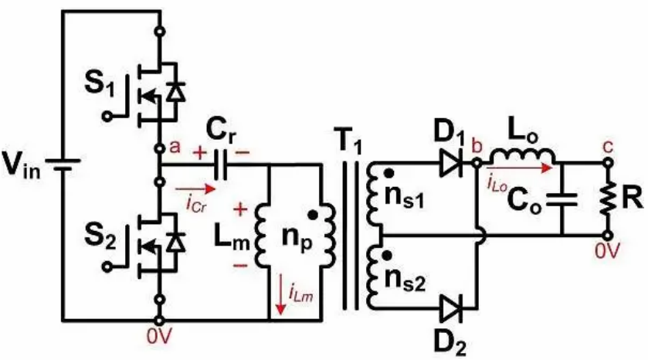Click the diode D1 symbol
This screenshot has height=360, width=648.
[x=451, y=165]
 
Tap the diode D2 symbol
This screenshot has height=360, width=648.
[x=451, y=308]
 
